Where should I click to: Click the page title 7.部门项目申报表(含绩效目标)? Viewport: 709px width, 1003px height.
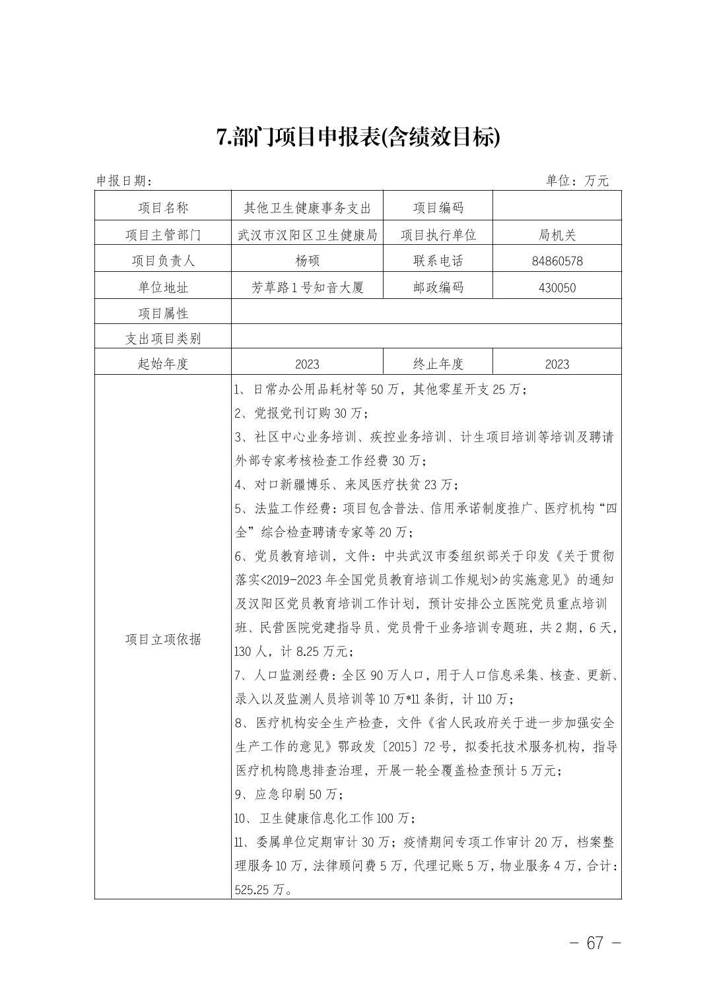358,138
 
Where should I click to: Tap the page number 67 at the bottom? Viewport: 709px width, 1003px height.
595,943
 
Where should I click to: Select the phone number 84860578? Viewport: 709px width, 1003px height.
557,261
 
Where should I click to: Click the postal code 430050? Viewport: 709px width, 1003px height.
557,288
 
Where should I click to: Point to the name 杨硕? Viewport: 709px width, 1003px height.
307,261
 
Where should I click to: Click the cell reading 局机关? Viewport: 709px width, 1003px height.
557,234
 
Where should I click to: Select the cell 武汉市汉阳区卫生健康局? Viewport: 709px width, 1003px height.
307,234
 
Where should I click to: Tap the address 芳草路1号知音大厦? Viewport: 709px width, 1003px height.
307,288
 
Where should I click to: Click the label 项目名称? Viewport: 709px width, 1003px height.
163,208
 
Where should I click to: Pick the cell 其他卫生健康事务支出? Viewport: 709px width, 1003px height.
307,208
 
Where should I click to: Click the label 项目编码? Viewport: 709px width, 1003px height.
438,208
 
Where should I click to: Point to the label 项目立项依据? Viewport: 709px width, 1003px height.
163,639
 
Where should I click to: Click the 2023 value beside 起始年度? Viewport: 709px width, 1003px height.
307,364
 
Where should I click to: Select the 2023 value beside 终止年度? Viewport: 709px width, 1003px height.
557,364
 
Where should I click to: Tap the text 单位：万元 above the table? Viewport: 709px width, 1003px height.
577,180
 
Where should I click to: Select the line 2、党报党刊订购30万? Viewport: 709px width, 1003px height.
301,413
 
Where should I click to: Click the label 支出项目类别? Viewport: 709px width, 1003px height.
163,339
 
